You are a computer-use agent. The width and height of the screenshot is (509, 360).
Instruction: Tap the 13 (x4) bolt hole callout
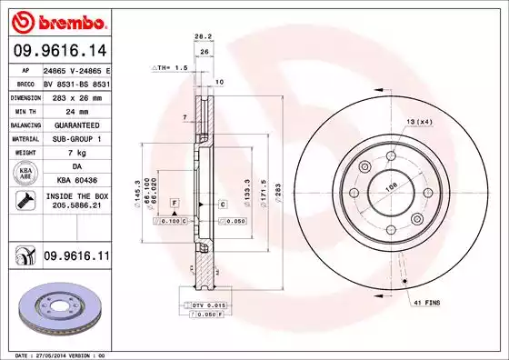(x=418, y=122)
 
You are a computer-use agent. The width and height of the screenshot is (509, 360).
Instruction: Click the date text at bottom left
(x=56, y=355)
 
